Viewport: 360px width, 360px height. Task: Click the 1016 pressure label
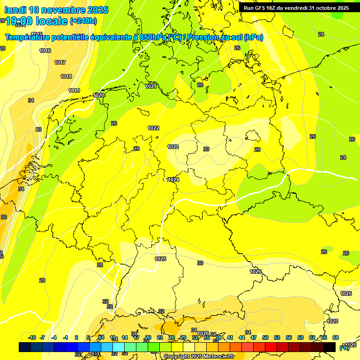45,51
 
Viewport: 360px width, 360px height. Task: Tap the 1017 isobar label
60,62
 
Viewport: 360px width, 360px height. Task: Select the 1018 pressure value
66,76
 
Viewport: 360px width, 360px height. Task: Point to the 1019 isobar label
74,90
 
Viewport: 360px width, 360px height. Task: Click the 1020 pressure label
98,95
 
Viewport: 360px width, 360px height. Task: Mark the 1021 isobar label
150,86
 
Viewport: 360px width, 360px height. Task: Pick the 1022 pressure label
153,128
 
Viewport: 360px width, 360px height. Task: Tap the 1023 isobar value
173,147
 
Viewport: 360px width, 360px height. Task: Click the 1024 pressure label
173,180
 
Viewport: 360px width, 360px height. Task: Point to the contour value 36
4,217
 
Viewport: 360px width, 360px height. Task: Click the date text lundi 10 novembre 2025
56,10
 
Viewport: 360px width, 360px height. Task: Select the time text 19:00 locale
36,21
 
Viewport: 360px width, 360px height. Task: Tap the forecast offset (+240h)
83,21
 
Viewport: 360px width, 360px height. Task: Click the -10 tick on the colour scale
32,337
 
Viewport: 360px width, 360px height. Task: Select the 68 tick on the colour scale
336,337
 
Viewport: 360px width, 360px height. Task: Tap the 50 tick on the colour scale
265,337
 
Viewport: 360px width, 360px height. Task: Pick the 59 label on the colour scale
300,337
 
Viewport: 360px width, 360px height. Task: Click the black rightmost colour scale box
330,347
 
